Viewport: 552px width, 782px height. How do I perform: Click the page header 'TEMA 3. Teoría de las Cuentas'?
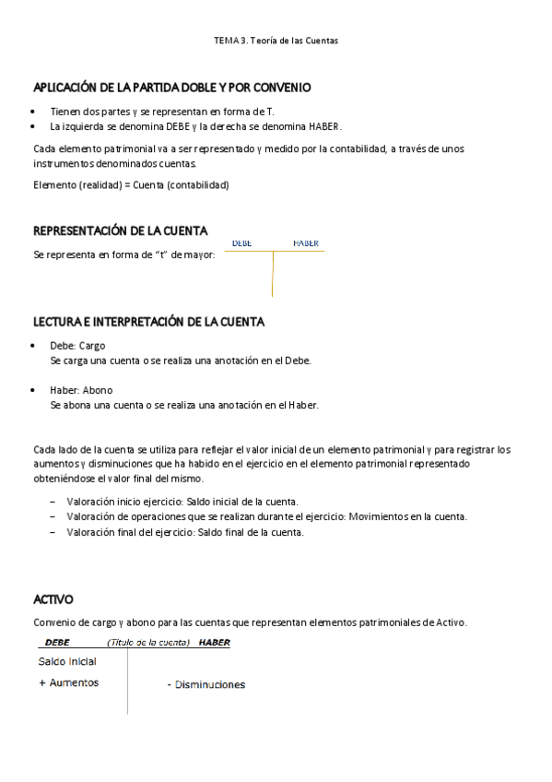276,41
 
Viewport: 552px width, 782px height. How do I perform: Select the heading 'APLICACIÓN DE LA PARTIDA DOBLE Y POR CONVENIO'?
171,88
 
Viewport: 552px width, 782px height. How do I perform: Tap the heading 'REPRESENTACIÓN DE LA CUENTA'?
120,231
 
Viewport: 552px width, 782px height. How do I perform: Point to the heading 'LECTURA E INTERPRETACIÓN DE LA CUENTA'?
148,322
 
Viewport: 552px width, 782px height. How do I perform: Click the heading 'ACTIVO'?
53,599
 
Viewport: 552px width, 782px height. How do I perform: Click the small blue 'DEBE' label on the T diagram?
242,243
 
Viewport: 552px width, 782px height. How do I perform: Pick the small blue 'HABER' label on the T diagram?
306,243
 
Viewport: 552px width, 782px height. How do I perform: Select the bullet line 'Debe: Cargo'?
77,346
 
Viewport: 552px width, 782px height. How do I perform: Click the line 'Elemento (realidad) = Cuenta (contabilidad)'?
131,184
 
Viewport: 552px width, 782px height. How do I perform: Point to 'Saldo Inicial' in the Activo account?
67,661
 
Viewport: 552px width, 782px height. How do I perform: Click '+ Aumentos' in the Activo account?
69,682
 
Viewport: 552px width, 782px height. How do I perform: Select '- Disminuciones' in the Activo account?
206,685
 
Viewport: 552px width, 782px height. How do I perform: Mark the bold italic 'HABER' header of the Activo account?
214,642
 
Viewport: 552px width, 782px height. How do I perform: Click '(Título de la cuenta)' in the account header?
148,642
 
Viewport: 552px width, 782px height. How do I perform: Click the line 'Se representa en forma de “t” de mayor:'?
123,255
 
